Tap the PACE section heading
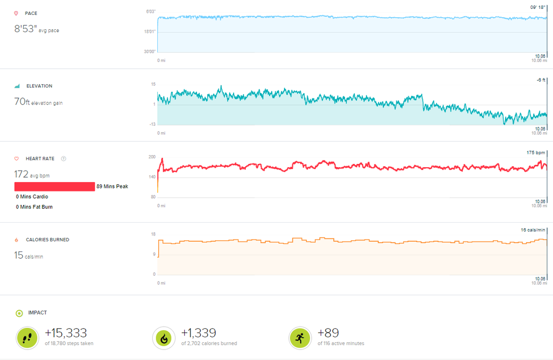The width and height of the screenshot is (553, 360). tap(31, 13)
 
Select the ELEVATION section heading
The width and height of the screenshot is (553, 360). tap(39, 86)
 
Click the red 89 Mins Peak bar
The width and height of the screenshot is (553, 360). tap(54, 187)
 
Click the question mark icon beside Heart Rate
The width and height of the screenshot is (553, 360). tap(64, 159)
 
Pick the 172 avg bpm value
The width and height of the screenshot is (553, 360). tap(21, 174)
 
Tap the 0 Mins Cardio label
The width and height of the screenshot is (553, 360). tap(32, 197)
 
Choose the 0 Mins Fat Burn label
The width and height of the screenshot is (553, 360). tap(34, 207)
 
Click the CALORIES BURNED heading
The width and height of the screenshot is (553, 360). tap(47, 240)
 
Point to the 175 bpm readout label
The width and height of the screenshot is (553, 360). tap(536, 152)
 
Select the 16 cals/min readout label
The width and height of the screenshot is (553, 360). tap(534, 229)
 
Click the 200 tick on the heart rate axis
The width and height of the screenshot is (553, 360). tap(152, 157)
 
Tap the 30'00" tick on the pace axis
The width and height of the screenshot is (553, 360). tap(150, 52)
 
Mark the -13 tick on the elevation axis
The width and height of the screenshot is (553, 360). tap(152, 124)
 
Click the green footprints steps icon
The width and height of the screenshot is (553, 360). tap(27, 337)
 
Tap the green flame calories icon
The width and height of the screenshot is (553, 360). tap(164, 337)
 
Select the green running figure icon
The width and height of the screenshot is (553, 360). tap(300, 337)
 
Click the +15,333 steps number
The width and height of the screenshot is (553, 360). tap(66, 333)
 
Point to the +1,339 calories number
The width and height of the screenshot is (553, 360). tap(199, 333)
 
